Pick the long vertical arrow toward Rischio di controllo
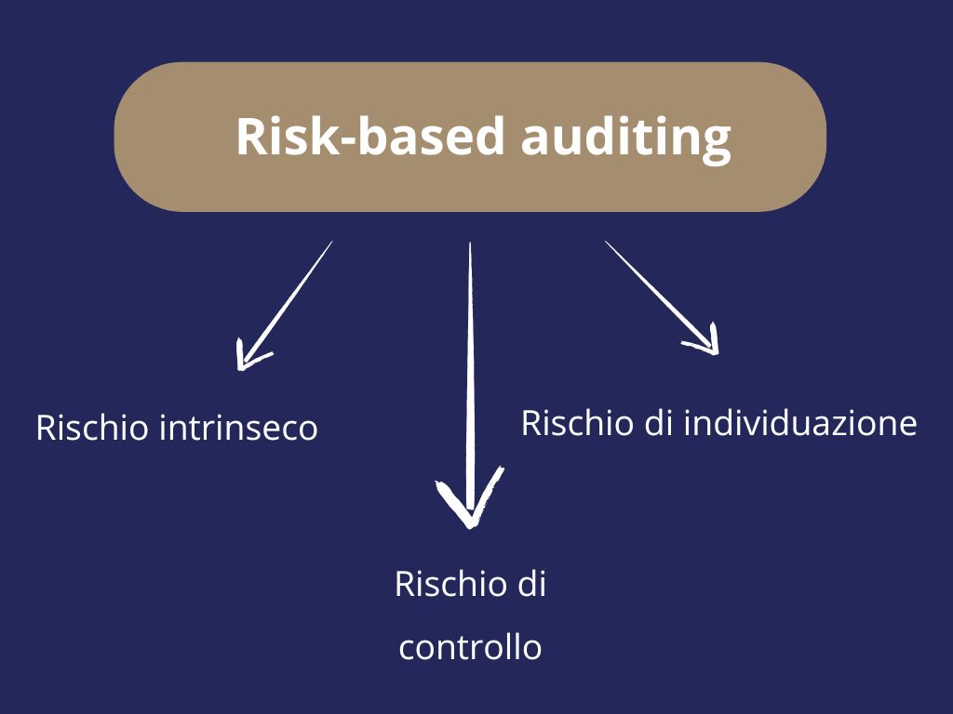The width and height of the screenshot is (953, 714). point(470,372)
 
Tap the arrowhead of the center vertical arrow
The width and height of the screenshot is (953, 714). point(470,507)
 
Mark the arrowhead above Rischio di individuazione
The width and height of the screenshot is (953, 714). point(707,342)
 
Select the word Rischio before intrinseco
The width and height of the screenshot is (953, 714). point(93,428)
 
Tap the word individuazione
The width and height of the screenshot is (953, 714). point(800,423)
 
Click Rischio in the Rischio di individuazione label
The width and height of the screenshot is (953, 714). point(577,423)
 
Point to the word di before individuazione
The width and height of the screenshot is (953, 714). point(660,423)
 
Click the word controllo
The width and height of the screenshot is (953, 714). point(470,647)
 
